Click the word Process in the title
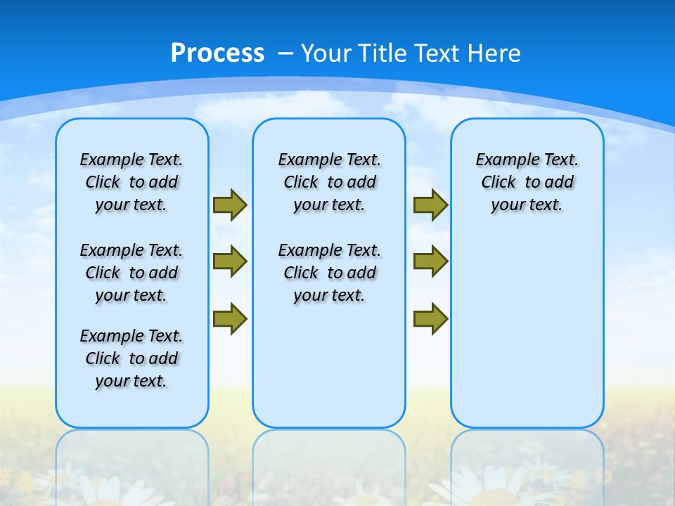tap(217, 53)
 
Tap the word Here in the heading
tap(495, 53)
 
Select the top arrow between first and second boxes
tap(229, 205)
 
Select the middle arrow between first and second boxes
tap(229, 261)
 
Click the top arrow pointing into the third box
tap(430, 205)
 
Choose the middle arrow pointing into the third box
tap(430, 261)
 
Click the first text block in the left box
tap(131, 182)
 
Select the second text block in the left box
tap(131, 273)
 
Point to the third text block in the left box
tap(131, 358)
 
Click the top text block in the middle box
tap(329, 182)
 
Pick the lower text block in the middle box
tap(329, 273)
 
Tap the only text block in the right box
tap(527, 182)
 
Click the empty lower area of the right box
tap(527, 330)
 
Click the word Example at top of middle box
tap(305, 160)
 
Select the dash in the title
tap(285, 53)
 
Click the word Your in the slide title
tap(326, 53)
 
